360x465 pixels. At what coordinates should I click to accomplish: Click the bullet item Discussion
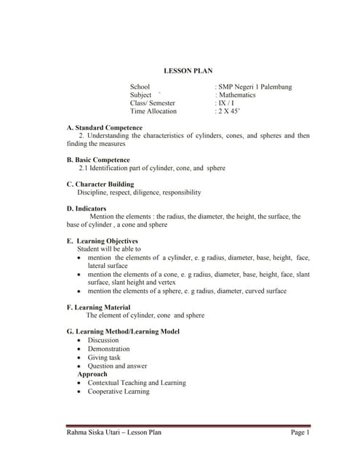coord(103,340)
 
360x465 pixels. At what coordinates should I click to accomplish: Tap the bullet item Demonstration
coord(108,349)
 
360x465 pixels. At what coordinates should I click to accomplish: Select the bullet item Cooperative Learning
coord(118,392)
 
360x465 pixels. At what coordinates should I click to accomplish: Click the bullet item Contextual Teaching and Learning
coord(136,383)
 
